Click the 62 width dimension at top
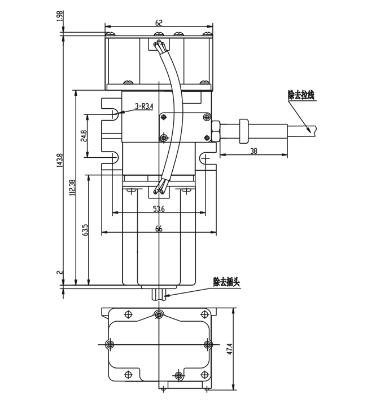pyautogui.click(x=158, y=23)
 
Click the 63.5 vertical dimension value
pyautogui.click(x=85, y=232)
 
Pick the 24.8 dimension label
pyautogui.click(x=84, y=136)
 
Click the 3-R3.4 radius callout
pyautogui.click(x=144, y=106)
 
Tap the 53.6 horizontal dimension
pyautogui.click(x=159, y=209)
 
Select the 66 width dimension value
pyautogui.click(x=159, y=228)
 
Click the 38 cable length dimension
pyautogui.click(x=253, y=151)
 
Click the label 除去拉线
pyautogui.click(x=301, y=95)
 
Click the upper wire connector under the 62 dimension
pyautogui.click(x=159, y=45)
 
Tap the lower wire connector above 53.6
pyautogui.click(x=159, y=191)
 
